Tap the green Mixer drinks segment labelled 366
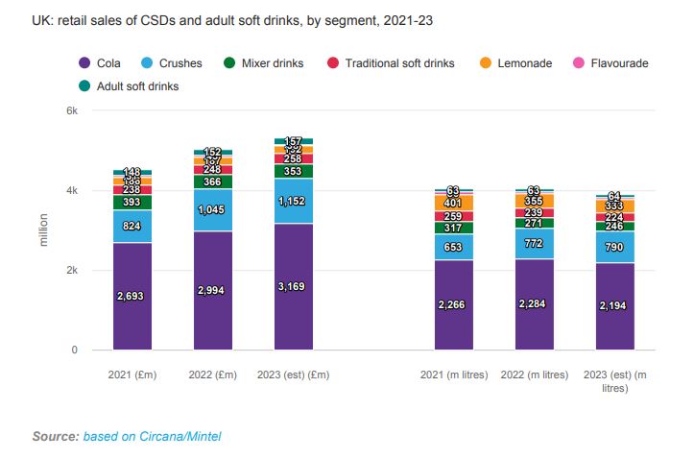pos(213,181)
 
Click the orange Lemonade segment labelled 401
pos(454,204)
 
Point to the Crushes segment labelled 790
pos(615,247)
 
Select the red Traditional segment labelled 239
pos(535,212)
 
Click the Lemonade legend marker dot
pos(485,63)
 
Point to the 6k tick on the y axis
pos(71,111)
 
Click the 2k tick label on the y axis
pos(71,271)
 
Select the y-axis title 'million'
pos(43,230)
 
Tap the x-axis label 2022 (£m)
pos(213,374)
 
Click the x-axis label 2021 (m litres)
pos(454,374)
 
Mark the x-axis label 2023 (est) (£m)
pos(294,374)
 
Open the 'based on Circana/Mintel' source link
pos(152,437)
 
